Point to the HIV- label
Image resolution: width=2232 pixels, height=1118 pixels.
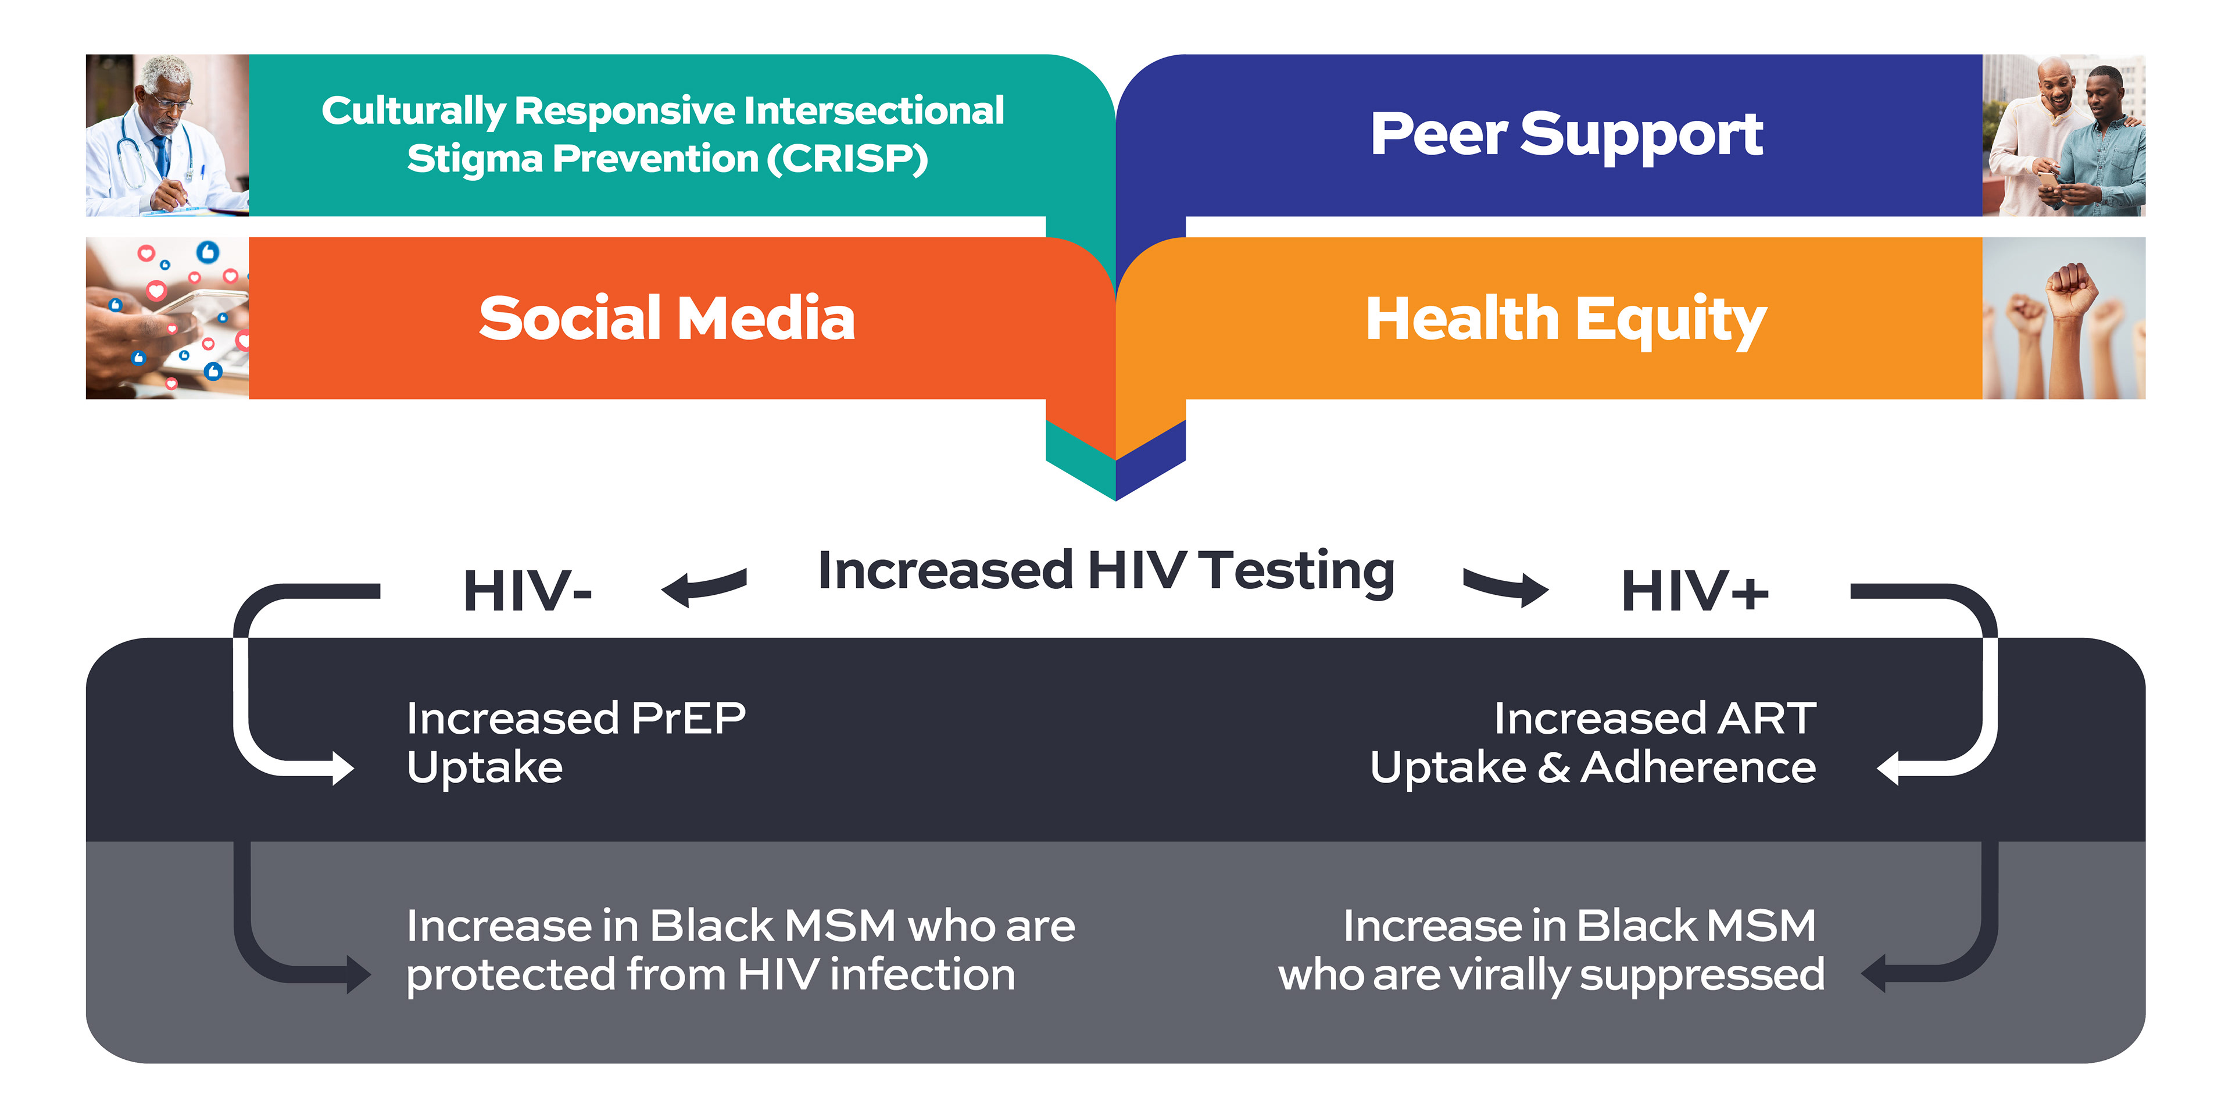pyautogui.click(x=527, y=591)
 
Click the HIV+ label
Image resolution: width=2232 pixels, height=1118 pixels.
pyautogui.click(x=1694, y=591)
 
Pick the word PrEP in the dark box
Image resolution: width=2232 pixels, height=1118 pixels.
pyautogui.click(x=688, y=719)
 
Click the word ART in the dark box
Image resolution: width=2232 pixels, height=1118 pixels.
pyautogui.click(x=1768, y=719)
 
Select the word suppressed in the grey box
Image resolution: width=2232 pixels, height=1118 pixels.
pyautogui.click(x=1702, y=975)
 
